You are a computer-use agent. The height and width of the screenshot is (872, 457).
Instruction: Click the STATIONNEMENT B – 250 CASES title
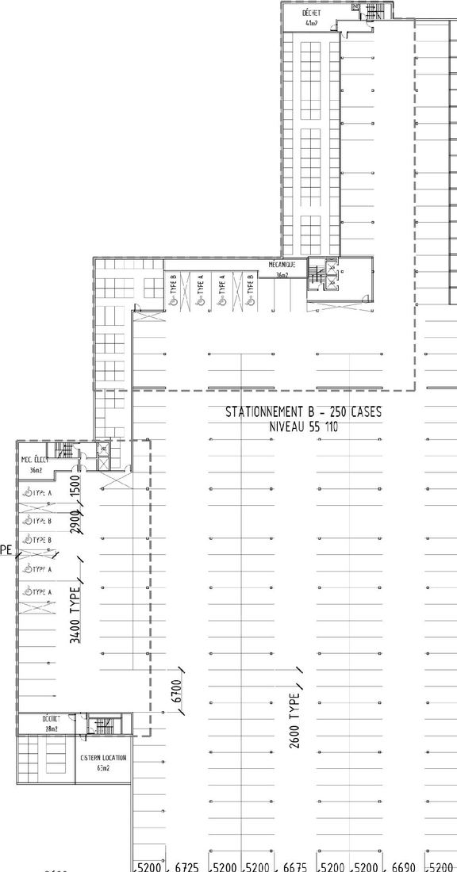tap(303, 412)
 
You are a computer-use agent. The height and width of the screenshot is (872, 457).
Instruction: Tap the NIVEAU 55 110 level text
tap(303, 426)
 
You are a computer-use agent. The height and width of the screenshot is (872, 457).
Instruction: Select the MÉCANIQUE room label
tap(281, 265)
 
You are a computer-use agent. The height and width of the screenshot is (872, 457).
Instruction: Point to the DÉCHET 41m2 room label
tap(310, 18)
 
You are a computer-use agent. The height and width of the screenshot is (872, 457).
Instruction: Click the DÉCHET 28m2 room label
tap(53, 722)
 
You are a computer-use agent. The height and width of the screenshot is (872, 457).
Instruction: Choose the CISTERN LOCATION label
tap(103, 758)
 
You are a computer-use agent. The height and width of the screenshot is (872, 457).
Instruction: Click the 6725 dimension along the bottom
tap(186, 865)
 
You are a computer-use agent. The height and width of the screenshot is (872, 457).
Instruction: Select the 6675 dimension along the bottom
tap(295, 865)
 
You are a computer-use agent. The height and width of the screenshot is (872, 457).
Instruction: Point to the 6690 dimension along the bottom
tap(404, 865)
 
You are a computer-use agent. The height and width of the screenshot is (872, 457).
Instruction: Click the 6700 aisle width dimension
tap(176, 692)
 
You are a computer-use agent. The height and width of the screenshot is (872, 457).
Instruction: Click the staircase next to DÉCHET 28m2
tap(102, 725)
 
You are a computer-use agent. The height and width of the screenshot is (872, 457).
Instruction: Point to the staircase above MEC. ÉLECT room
tap(67, 450)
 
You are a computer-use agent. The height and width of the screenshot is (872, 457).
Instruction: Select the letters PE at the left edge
tap(5, 549)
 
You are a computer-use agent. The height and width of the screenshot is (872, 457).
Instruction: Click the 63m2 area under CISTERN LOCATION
tap(103, 768)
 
